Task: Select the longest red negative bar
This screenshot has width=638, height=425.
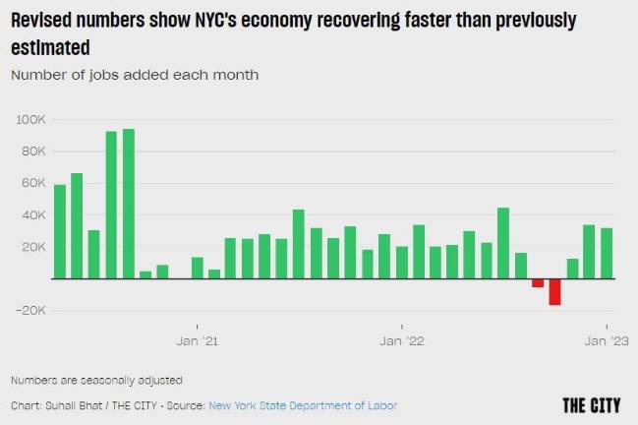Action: click(554, 291)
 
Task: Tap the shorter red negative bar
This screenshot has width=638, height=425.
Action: click(538, 282)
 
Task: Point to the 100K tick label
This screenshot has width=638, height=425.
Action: click(29, 119)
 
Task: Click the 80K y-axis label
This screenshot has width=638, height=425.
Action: click(32, 151)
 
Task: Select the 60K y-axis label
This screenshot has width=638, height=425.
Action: click(32, 183)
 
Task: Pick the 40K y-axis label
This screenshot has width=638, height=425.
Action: click(32, 214)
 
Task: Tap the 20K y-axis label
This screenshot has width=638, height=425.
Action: click(32, 247)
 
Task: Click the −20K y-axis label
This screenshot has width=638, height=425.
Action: click(29, 311)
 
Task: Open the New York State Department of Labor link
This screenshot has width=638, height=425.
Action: click(303, 405)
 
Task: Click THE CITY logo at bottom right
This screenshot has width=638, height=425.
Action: click(592, 404)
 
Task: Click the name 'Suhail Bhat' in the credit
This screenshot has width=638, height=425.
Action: click(68, 405)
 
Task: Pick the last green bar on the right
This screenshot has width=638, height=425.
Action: click(606, 253)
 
